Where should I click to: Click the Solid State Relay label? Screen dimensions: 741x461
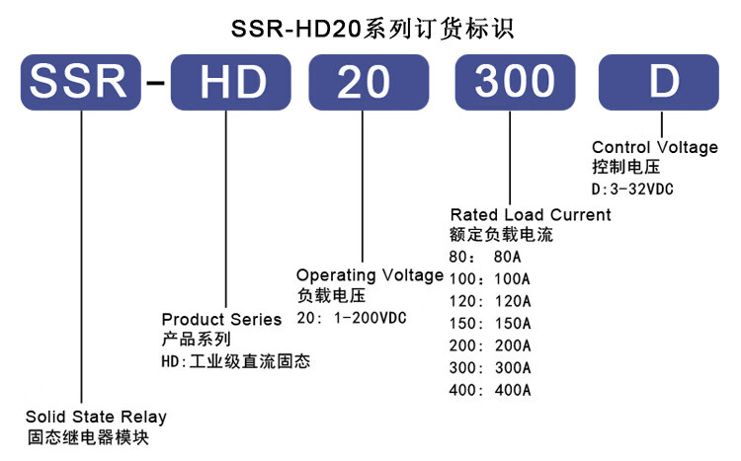[96, 416]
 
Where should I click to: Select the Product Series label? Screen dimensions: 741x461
[221, 319]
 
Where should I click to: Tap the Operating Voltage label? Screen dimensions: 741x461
[370, 275]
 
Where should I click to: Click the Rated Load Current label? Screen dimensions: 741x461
[531, 214]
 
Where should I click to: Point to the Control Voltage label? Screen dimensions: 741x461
[654, 147]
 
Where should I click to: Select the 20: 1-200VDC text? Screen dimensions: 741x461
[353, 318]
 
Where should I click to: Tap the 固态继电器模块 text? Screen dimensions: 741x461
[88, 436]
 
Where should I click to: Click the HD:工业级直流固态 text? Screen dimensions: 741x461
[235, 361]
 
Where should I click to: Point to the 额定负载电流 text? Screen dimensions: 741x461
[501, 236]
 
